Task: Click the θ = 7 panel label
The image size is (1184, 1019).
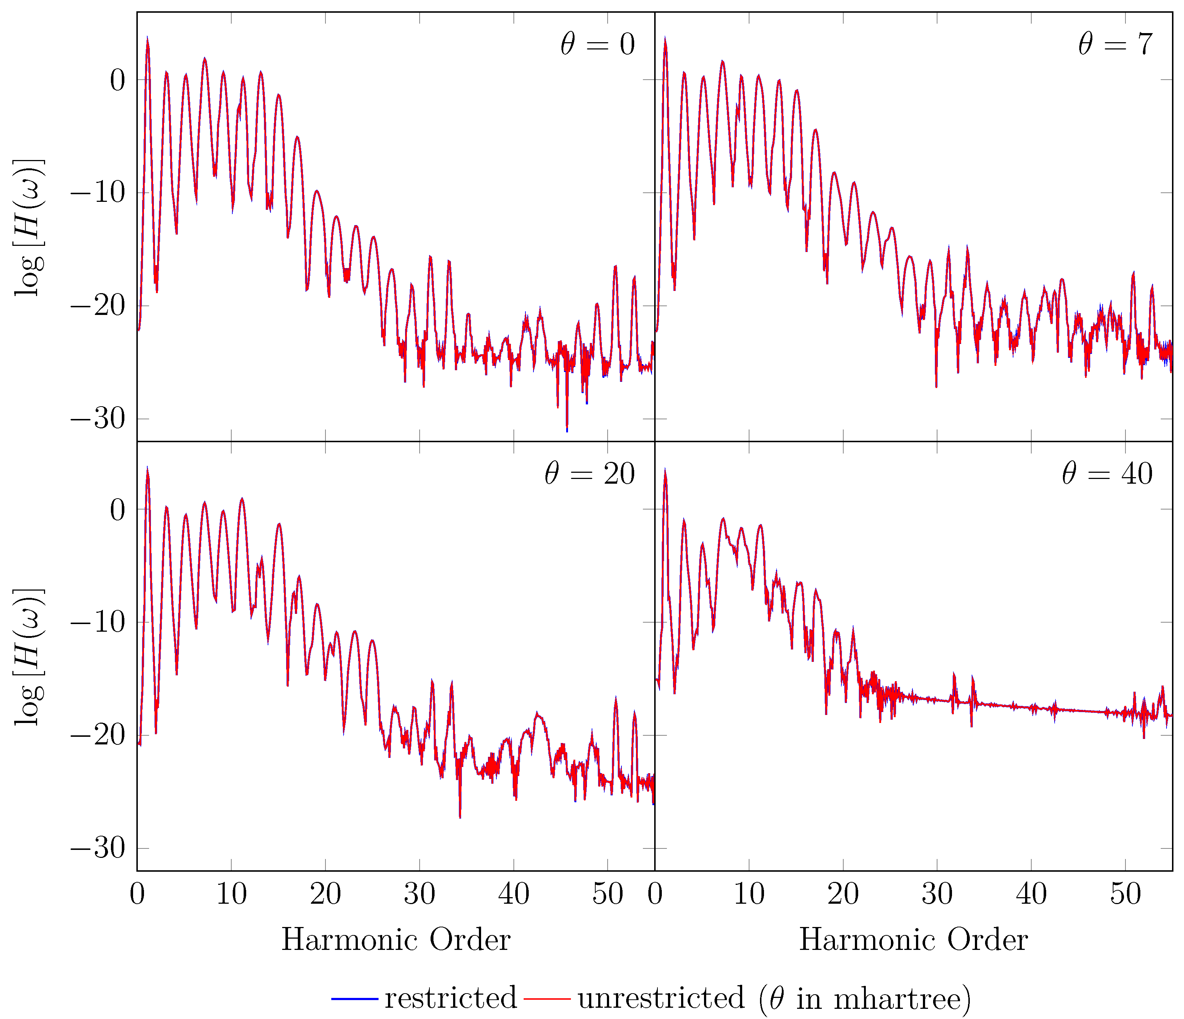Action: point(1115,45)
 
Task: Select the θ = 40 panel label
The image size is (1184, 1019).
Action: point(1107,474)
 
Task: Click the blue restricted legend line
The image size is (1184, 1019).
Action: point(354,998)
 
